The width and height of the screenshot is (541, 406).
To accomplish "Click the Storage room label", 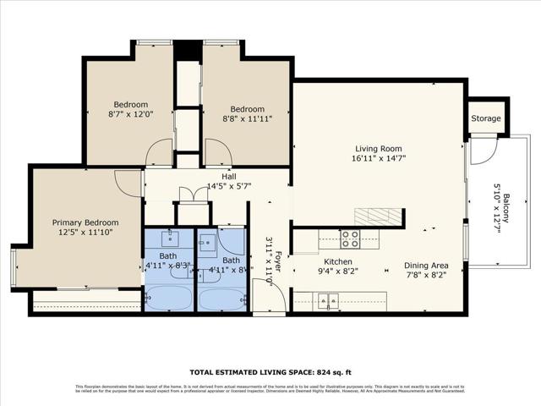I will tap(486, 119).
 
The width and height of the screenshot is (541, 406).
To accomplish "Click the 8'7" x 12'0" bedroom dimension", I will tap(131, 113).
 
